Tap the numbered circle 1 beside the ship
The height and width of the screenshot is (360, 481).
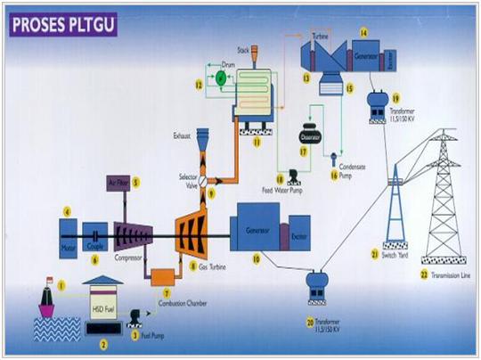pos(62,285)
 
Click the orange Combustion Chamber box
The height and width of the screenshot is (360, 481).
pos(162,278)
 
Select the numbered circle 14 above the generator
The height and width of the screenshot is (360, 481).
pos(363,32)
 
